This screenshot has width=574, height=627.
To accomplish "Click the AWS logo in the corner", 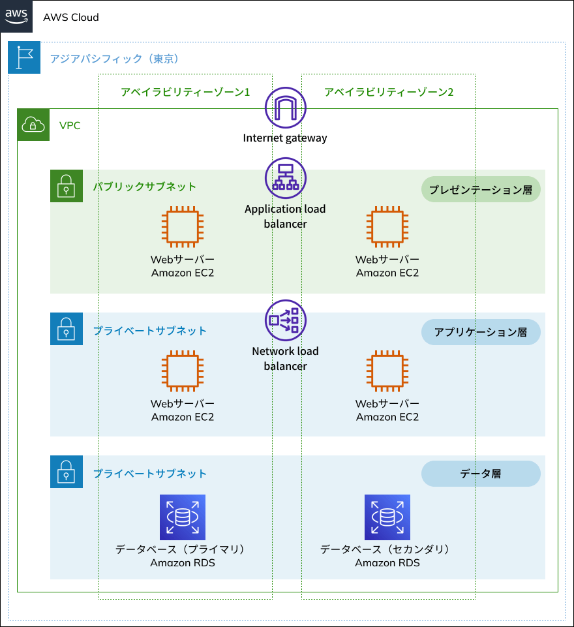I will pos(16,16).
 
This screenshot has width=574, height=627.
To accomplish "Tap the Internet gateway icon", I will pos(285,107).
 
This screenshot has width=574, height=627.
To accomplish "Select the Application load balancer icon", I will pos(285,177).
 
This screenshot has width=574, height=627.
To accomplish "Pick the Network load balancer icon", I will pos(285,320).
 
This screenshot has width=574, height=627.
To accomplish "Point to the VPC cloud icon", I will pos(33,125).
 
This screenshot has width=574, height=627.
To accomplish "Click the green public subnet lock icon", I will pos(67,186).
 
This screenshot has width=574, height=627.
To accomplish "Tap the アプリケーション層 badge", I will pos(481,332).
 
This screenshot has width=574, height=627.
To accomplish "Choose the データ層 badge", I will pos(481,474).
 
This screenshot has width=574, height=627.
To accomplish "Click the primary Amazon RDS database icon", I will pos(183,517).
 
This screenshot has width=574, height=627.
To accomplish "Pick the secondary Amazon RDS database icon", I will pos(387,517).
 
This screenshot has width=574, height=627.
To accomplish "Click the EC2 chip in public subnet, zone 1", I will pos(183,227).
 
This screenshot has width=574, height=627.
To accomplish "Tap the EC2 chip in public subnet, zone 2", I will pos(387,227).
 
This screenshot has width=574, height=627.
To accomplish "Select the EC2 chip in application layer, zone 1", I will pos(183,371).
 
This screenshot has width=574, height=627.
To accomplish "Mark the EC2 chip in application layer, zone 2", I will pos(387,371).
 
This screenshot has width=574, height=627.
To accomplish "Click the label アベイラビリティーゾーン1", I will pos(185,92).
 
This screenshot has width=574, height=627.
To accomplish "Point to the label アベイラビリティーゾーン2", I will pos(389,92).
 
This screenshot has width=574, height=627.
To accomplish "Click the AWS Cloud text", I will pos(71,18).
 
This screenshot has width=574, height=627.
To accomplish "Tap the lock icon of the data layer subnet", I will pos(67,472).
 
